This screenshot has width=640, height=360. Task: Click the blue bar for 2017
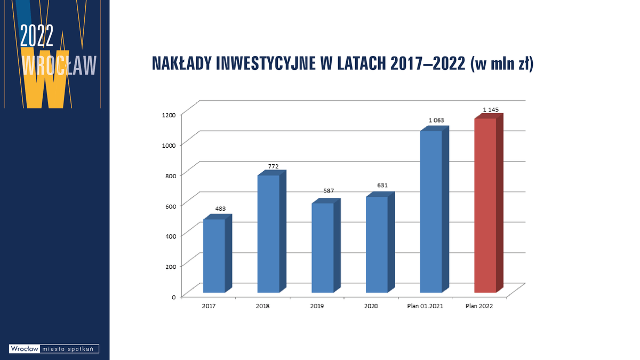click(x=214, y=256)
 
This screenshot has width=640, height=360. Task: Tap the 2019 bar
click(x=322, y=248)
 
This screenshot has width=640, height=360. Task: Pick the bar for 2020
click(x=377, y=245)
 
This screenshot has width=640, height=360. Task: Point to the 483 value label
click(x=220, y=209)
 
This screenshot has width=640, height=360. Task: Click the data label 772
click(x=273, y=166)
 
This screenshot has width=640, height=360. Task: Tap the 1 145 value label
click(x=491, y=109)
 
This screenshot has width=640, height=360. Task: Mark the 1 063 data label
click(x=436, y=120)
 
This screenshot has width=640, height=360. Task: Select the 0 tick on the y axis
click(x=174, y=297)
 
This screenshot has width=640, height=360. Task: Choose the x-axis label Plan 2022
click(x=479, y=307)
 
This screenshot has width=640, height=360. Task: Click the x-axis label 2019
click(x=317, y=307)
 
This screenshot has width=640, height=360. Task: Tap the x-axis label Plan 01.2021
click(x=425, y=307)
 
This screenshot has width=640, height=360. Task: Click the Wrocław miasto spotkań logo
click(x=54, y=349)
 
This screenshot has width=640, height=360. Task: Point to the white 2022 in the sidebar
click(x=37, y=36)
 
